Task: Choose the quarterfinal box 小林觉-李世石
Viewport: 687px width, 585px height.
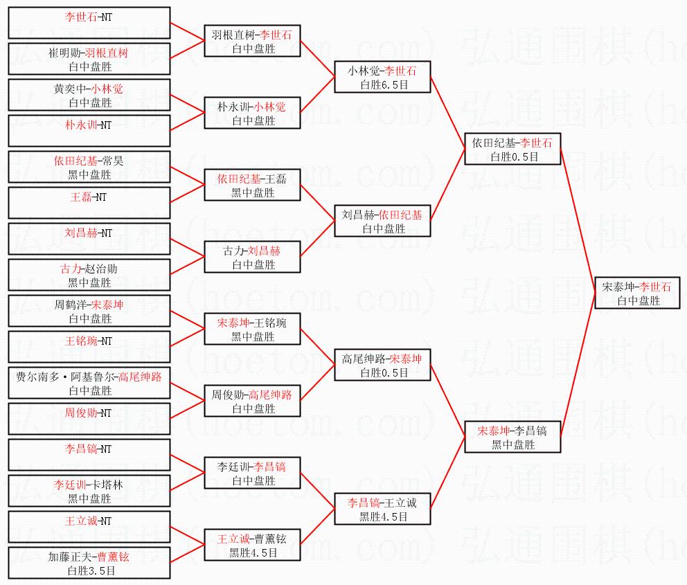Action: [382, 77]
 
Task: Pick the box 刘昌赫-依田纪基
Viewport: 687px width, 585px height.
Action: [382, 221]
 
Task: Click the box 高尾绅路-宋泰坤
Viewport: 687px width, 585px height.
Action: [382, 365]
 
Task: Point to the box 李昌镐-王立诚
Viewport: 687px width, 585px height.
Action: [382, 509]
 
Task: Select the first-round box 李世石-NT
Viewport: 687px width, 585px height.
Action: [89, 23]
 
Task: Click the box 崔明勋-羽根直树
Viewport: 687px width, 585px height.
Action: [89, 59]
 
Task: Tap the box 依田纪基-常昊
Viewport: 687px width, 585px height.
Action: [89, 167]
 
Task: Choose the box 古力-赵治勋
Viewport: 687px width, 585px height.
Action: [89, 275]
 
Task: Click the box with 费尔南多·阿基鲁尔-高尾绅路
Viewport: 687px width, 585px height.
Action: [89, 383]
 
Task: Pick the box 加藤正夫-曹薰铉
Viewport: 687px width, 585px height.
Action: [89, 563]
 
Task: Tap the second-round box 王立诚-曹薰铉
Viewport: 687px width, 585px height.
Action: [252, 545]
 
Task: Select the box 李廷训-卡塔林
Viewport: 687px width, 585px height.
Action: [89, 491]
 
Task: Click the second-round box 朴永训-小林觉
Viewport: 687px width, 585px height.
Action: [252, 113]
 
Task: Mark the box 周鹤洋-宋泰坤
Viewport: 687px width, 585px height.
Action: [89, 311]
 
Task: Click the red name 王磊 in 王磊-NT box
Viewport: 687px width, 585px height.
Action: [81, 197]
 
